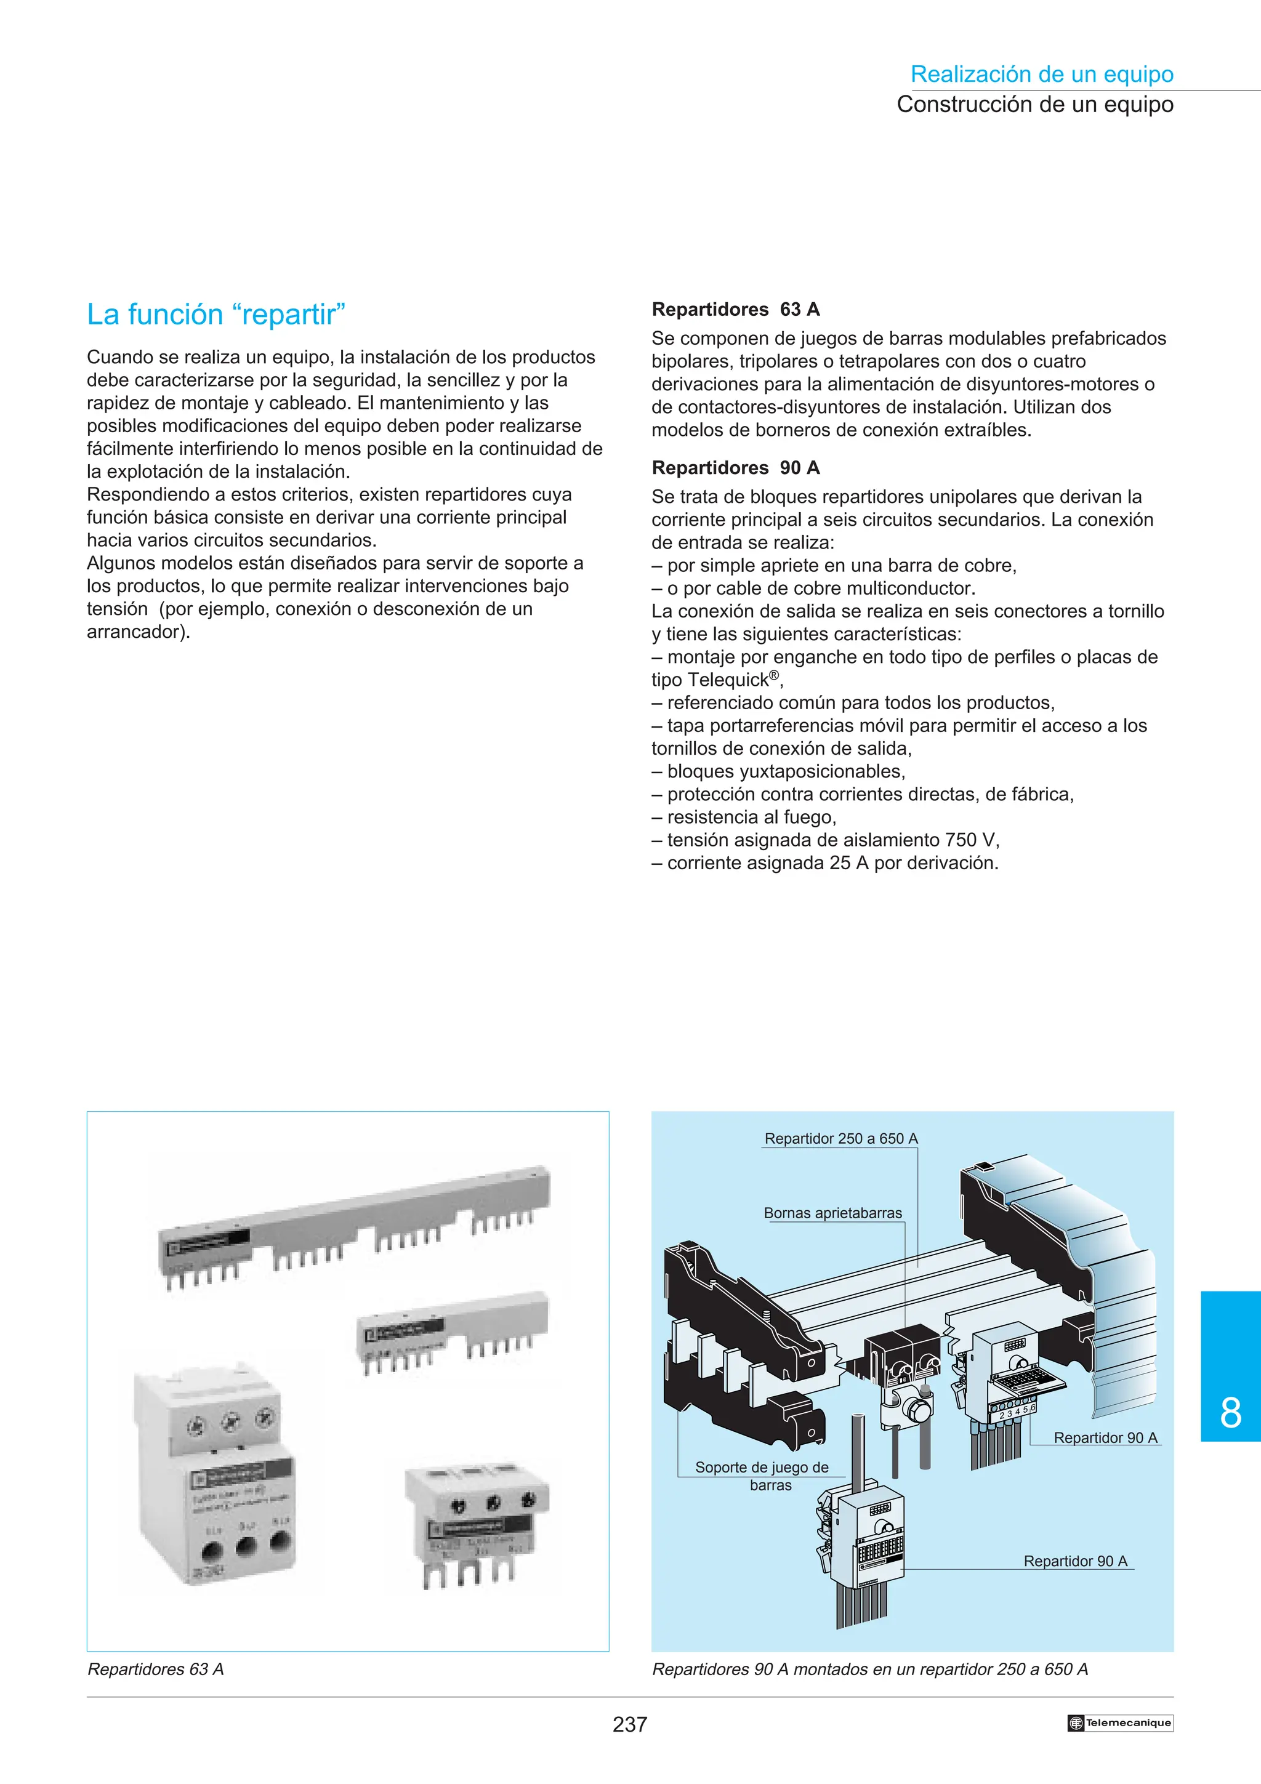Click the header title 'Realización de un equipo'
pyautogui.click(x=1041, y=74)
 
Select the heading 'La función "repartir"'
pyautogui.click(x=216, y=315)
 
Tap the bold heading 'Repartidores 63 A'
pyautogui.click(x=735, y=309)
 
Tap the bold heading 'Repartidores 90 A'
pyautogui.click(x=735, y=468)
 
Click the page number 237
pyautogui.click(x=629, y=1724)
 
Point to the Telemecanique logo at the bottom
pyautogui.click(x=1119, y=1722)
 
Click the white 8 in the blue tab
pyautogui.click(x=1230, y=1413)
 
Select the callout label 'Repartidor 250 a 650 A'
pyautogui.click(x=840, y=1138)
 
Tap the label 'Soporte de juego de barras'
pyautogui.click(x=762, y=1476)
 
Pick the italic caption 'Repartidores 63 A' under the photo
pyautogui.click(x=155, y=1669)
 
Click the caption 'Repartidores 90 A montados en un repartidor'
pyautogui.click(x=869, y=1669)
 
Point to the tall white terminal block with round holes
pyautogui.click(x=216, y=1476)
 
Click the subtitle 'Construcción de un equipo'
pyautogui.click(x=1034, y=104)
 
